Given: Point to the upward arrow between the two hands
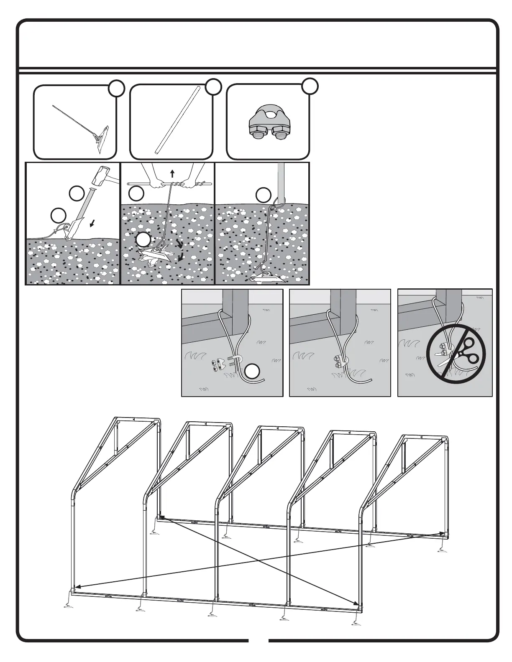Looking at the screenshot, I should tap(172, 173).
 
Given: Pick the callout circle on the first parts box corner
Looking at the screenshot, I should tap(117, 89).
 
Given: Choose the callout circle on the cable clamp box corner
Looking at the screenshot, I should tap(310, 86).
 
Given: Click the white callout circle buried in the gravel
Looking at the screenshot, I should tap(143, 240).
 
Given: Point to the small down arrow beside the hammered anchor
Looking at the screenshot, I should tap(92, 224).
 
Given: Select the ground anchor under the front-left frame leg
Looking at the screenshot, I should tap(67, 603).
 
